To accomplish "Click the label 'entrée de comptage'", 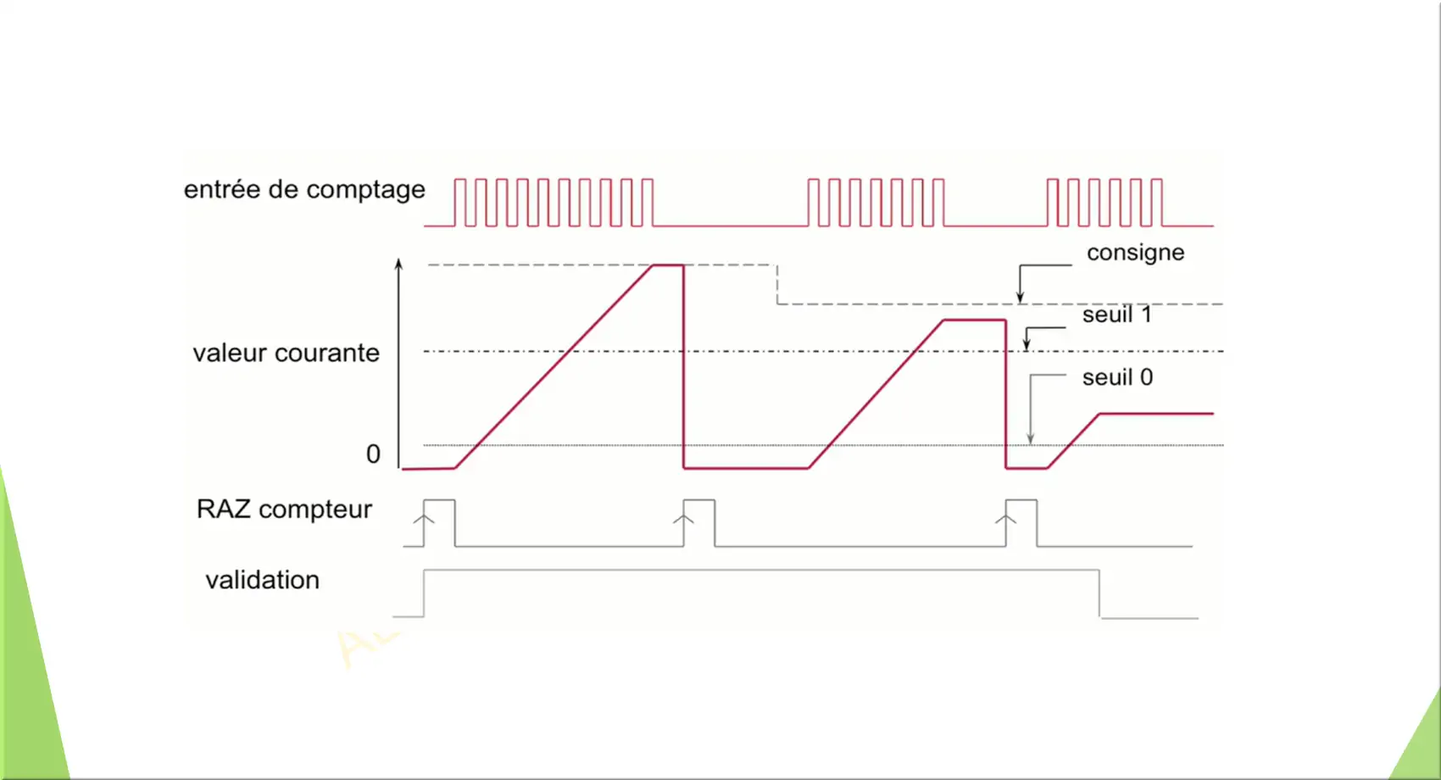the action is pyautogui.click(x=304, y=190).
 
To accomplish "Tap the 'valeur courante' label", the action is pyautogui.click(x=287, y=353).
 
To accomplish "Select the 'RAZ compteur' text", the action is pyautogui.click(x=284, y=509).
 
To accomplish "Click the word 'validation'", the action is pyautogui.click(x=263, y=580).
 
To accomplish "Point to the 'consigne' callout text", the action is pyautogui.click(x=1136, y=253).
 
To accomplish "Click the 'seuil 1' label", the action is pyautogui.click(x=1117, y=315).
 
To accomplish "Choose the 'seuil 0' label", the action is pyautogui.click(x=1117, y=377).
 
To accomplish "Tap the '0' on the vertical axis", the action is pyautogui.click(x=373, y=454).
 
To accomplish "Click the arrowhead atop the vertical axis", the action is pyautogui.click(x=399, y=264).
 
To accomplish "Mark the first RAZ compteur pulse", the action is pyautogui.click(x=439, y=500).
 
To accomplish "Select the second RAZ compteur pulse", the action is pyautogui.click(x=699, y=500).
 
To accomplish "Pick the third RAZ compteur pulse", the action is pyautogui.click(x=1021, y=500).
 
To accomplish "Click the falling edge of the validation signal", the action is pyautogui.click(x=1099, y=593).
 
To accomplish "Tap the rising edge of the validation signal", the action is pyautogui.click(x=424, y=593).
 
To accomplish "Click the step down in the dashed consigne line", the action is pyautogui.click(x=777, y=284).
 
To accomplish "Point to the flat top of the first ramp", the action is pyautogui.click(x=669, y=265).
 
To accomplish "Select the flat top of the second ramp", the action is pyautogui.click(x=975, y=320).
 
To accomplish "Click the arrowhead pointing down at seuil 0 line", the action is pyautogui.click(x=1031, y=438).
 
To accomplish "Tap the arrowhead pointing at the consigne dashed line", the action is pyautogui.click(x=1021, y=297).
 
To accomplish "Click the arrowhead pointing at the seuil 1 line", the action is pyautogui.click(x=1027, y=344).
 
